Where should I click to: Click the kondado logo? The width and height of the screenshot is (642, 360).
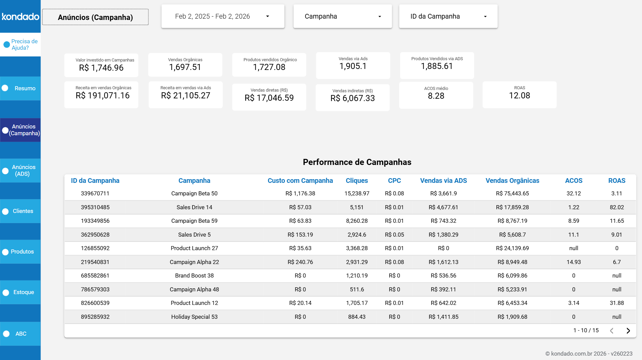pos(20,16)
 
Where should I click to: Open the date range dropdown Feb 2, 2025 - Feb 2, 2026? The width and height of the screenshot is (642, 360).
pos(223,16)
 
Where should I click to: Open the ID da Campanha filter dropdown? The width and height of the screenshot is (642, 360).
pos(448,16)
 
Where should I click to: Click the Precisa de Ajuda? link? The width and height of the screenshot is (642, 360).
pos(24,45)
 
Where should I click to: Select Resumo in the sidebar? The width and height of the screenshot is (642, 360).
pos(25,88)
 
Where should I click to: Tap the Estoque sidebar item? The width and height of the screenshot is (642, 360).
pos(23,292)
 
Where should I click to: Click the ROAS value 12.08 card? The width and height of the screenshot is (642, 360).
pos(519,96)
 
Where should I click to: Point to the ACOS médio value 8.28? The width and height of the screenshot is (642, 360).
pos(436,96)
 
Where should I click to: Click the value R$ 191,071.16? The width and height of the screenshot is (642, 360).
pos(102,96)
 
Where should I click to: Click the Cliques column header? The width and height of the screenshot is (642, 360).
pos(356,181)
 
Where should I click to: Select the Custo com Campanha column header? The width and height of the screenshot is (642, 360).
pos(300,181)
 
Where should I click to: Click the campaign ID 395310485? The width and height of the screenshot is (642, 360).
pos(95,207)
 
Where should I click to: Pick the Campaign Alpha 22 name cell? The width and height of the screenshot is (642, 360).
pos(194,262)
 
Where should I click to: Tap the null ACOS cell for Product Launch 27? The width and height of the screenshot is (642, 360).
pos(573,248)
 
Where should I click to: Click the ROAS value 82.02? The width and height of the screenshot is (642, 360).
pos(617,207)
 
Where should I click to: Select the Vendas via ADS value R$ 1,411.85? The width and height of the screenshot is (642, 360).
pos(443,317)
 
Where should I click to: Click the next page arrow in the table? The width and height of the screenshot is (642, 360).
pos(628,331)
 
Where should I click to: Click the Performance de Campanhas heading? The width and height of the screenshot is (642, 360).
pos(357,162)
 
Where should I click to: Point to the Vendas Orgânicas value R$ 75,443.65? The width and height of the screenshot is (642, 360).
pos(512,193)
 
